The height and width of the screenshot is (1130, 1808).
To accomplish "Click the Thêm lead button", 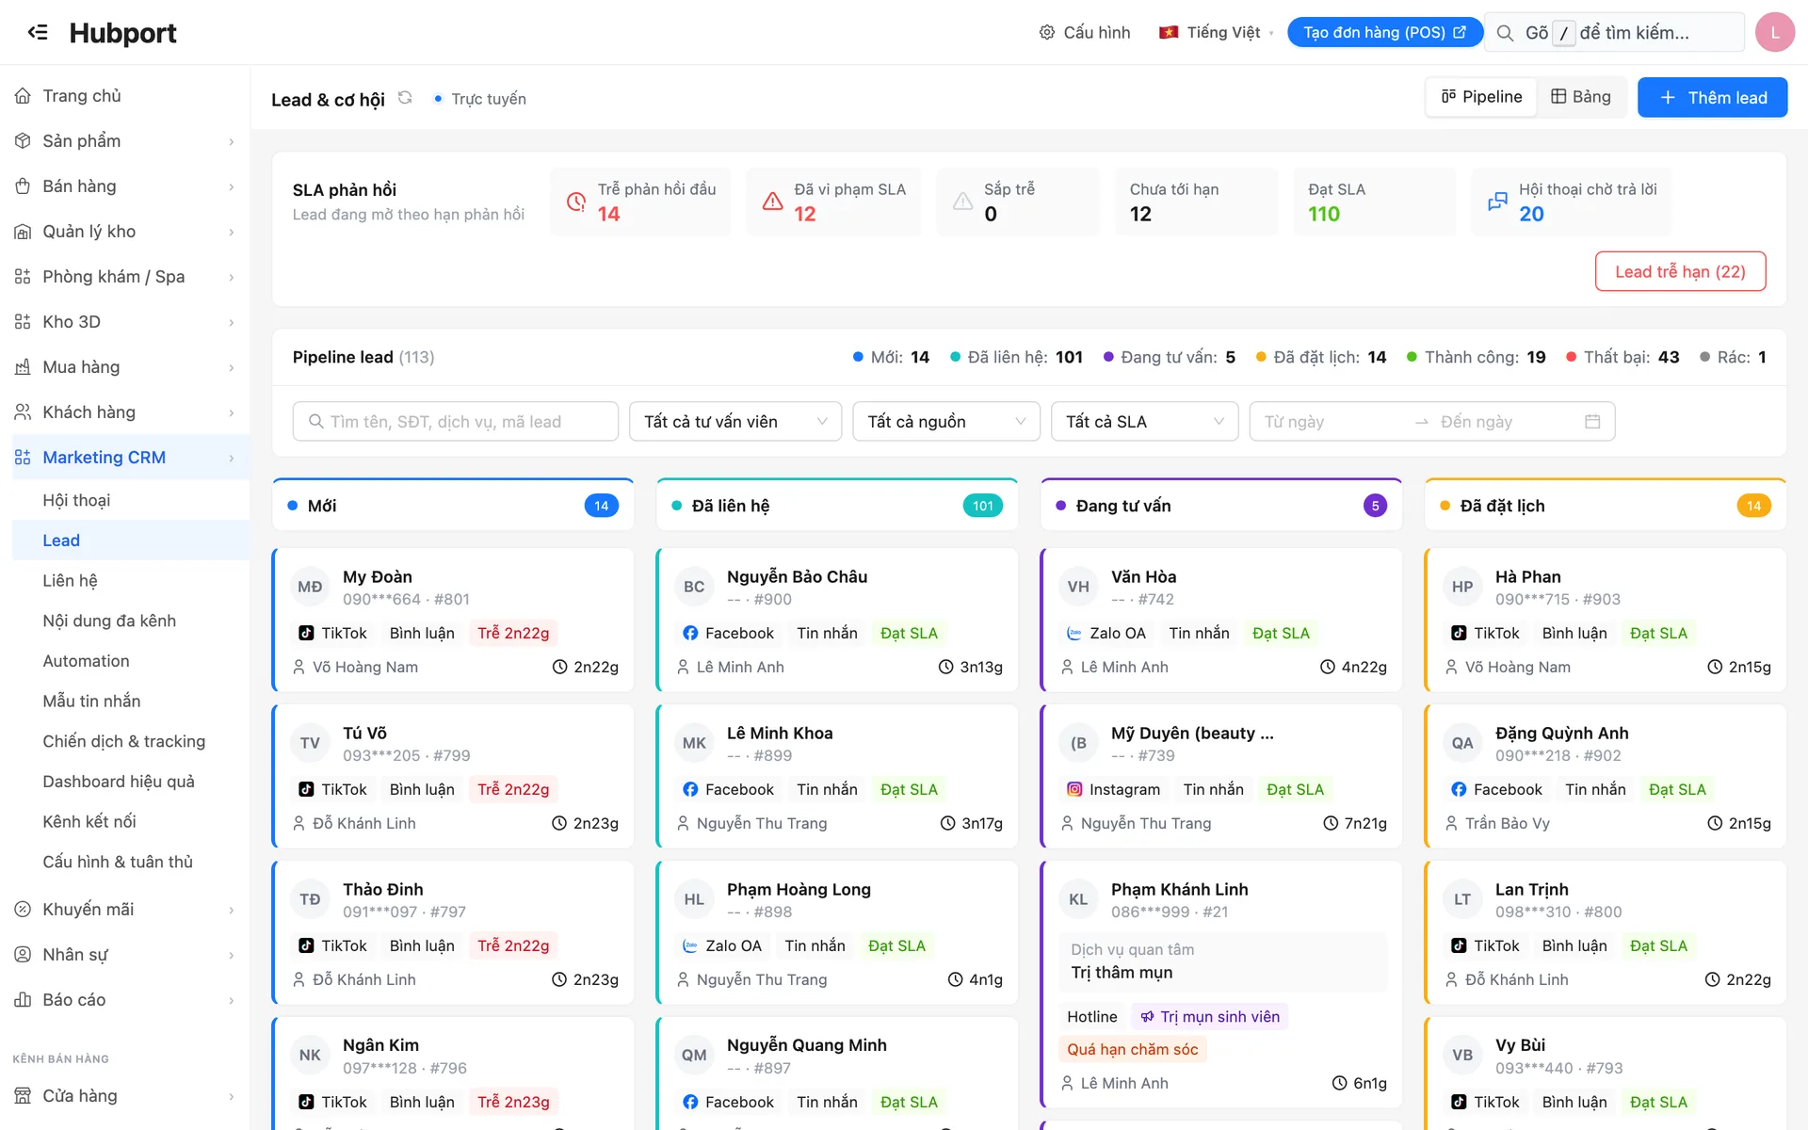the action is click(1712, 98).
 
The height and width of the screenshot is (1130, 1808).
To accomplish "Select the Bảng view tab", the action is click(1581, 97).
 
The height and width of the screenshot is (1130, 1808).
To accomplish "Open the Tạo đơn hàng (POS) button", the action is click(1384, 32).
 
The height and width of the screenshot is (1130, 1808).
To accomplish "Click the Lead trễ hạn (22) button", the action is click(1680, 271).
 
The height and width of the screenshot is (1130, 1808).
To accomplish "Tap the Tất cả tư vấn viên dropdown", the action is click(735, 422).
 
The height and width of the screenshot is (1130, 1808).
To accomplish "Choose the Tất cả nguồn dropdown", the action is click(946, 422).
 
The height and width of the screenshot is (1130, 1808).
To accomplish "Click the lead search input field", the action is click(456, 422).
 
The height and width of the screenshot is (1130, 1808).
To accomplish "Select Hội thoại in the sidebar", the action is click(76, 500).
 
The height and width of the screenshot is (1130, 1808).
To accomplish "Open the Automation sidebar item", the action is click(86, 661).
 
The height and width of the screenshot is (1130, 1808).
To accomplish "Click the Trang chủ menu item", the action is click(82, 96).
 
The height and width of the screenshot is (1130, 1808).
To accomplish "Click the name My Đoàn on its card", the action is click(378, 576).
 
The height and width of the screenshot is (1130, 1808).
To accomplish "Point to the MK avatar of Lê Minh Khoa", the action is click(694, 743).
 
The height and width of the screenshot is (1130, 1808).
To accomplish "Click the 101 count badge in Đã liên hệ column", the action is click(983, 506).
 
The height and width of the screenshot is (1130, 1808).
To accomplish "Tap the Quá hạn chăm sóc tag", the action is click(1132, 1049).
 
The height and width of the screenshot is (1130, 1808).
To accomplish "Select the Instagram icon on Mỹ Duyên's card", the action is click(1074, 789).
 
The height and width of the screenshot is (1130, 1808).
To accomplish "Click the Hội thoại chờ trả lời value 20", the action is click(1531, 214).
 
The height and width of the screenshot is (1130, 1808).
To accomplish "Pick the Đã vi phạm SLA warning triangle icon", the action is click(773, 202).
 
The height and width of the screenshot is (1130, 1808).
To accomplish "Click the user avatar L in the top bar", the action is click(1775, 32).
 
